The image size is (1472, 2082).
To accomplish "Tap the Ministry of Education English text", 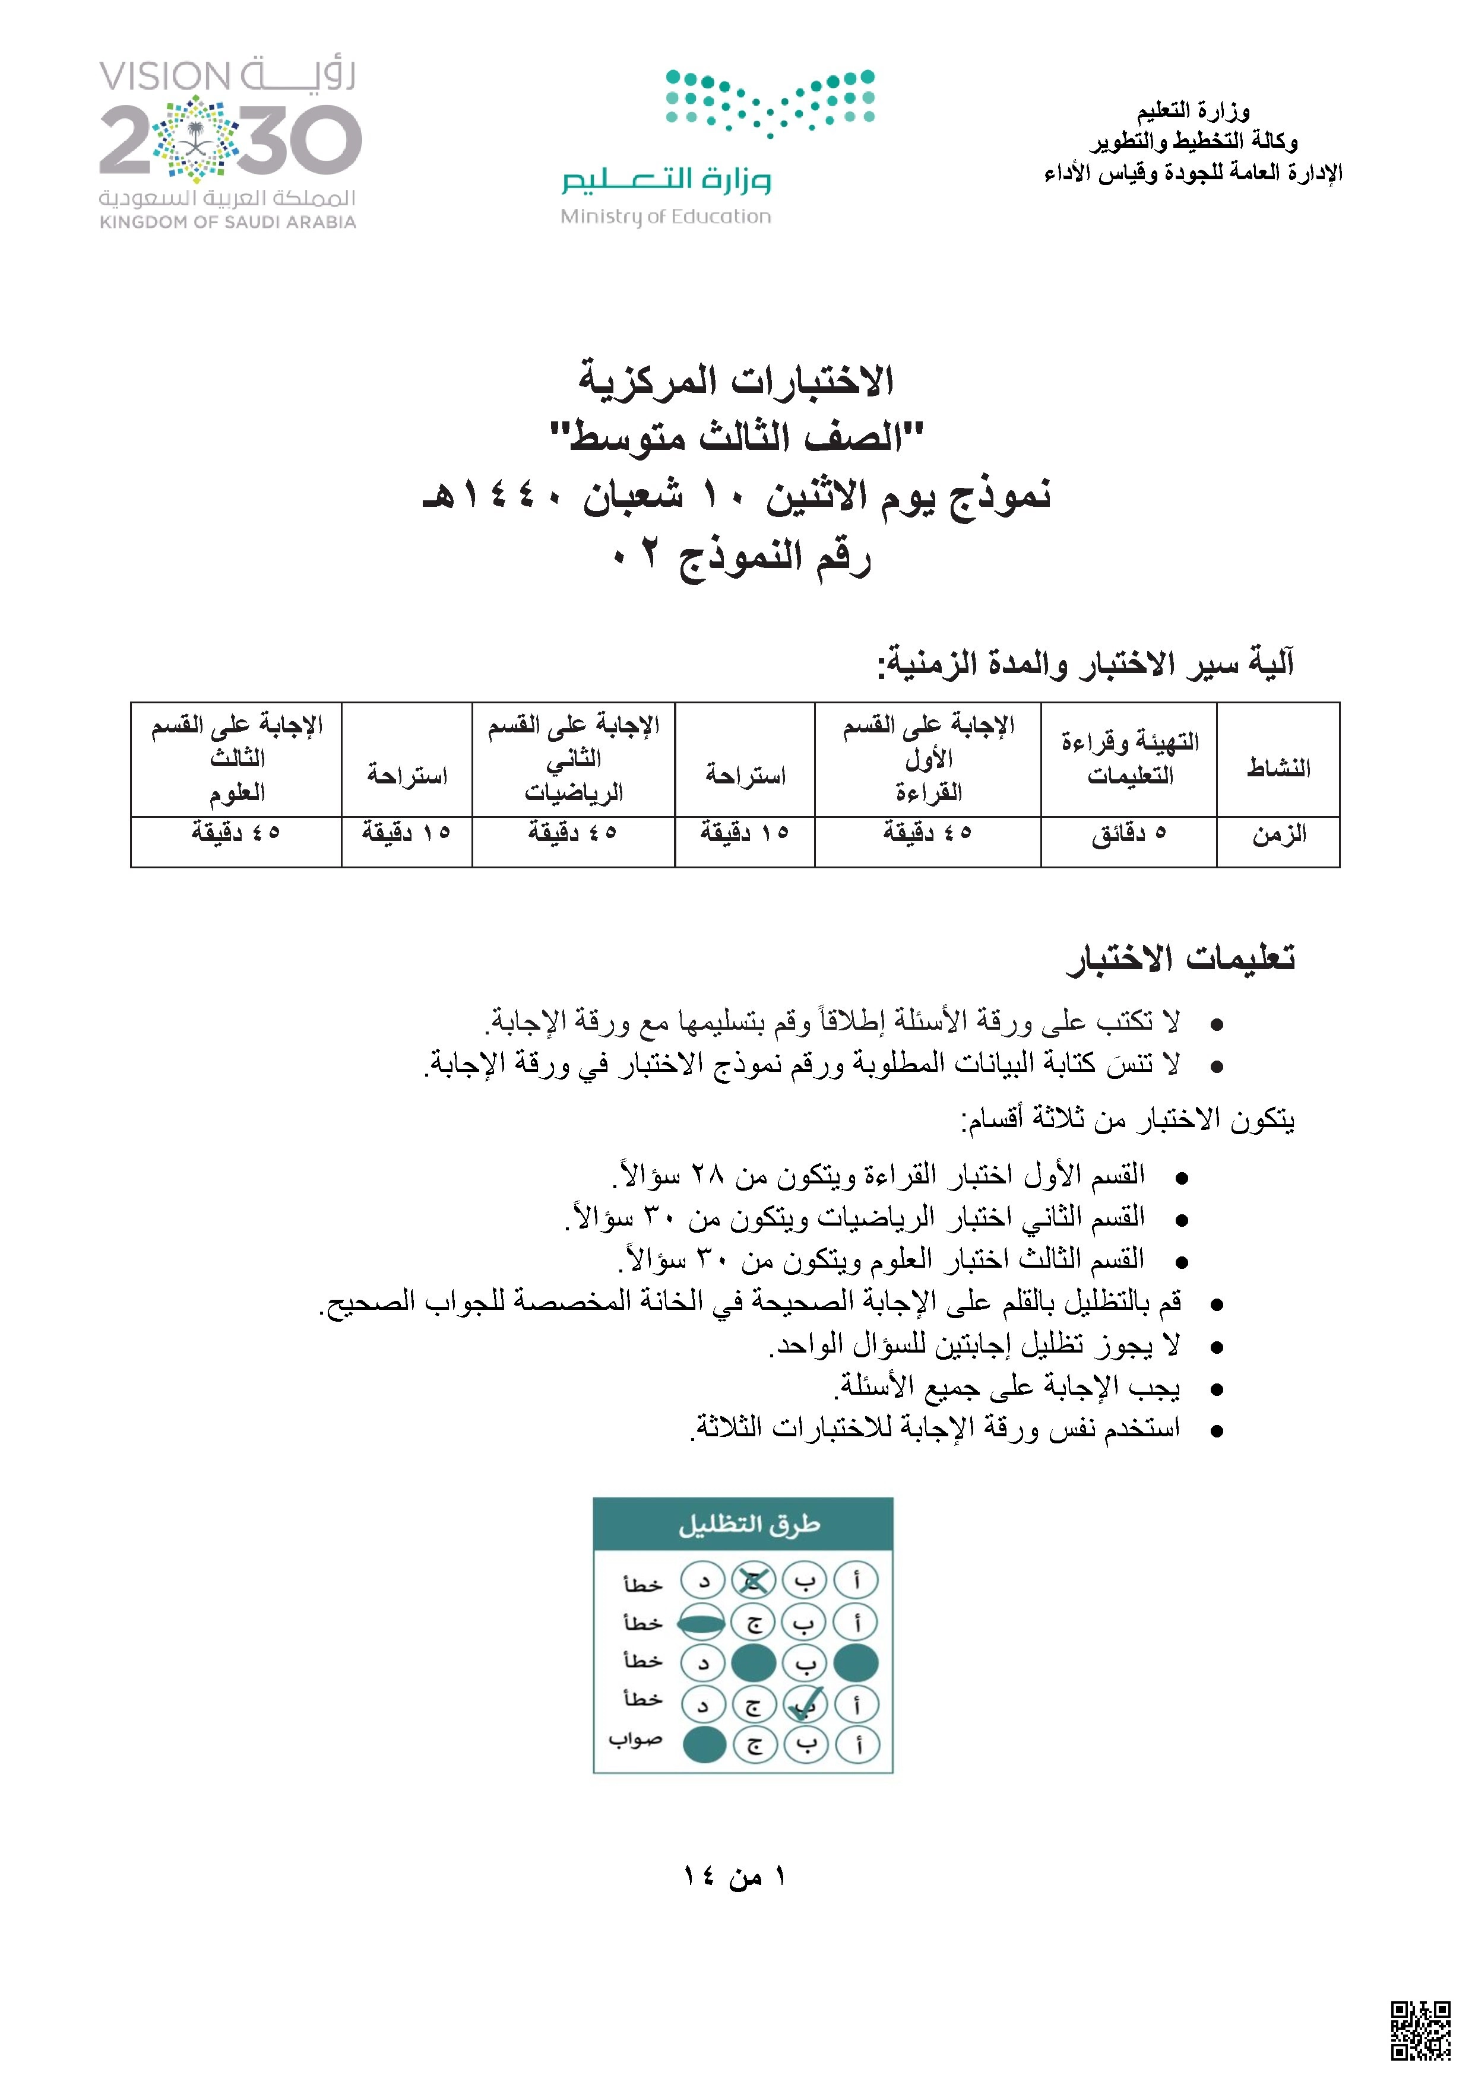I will coord(666,217).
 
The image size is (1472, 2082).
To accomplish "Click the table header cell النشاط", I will coord(1278,768).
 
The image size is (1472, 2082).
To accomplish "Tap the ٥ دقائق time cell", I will coord(1128,833).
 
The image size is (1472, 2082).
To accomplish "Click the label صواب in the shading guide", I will coord(635,1739).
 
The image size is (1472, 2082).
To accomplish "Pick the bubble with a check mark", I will coord(805,1705).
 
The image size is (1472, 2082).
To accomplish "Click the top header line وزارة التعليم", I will coord(1193,112).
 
